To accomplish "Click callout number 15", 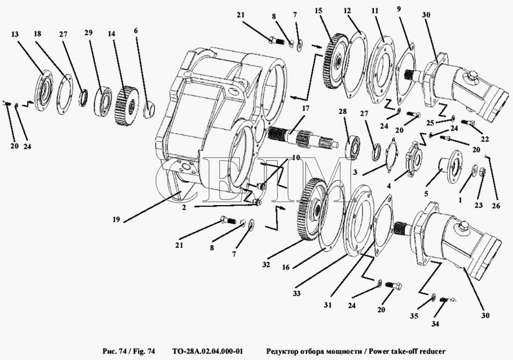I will pyautogui.click(x=318, y=10).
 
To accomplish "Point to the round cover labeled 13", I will pyautogui.click(x=44, y=88).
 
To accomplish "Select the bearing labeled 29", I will pyautogui.click(x=104, y=99).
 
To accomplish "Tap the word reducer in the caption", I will pyautogui.click(x=431, y=351).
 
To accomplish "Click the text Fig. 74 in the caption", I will pyautogui.click(x=141, y=351).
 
